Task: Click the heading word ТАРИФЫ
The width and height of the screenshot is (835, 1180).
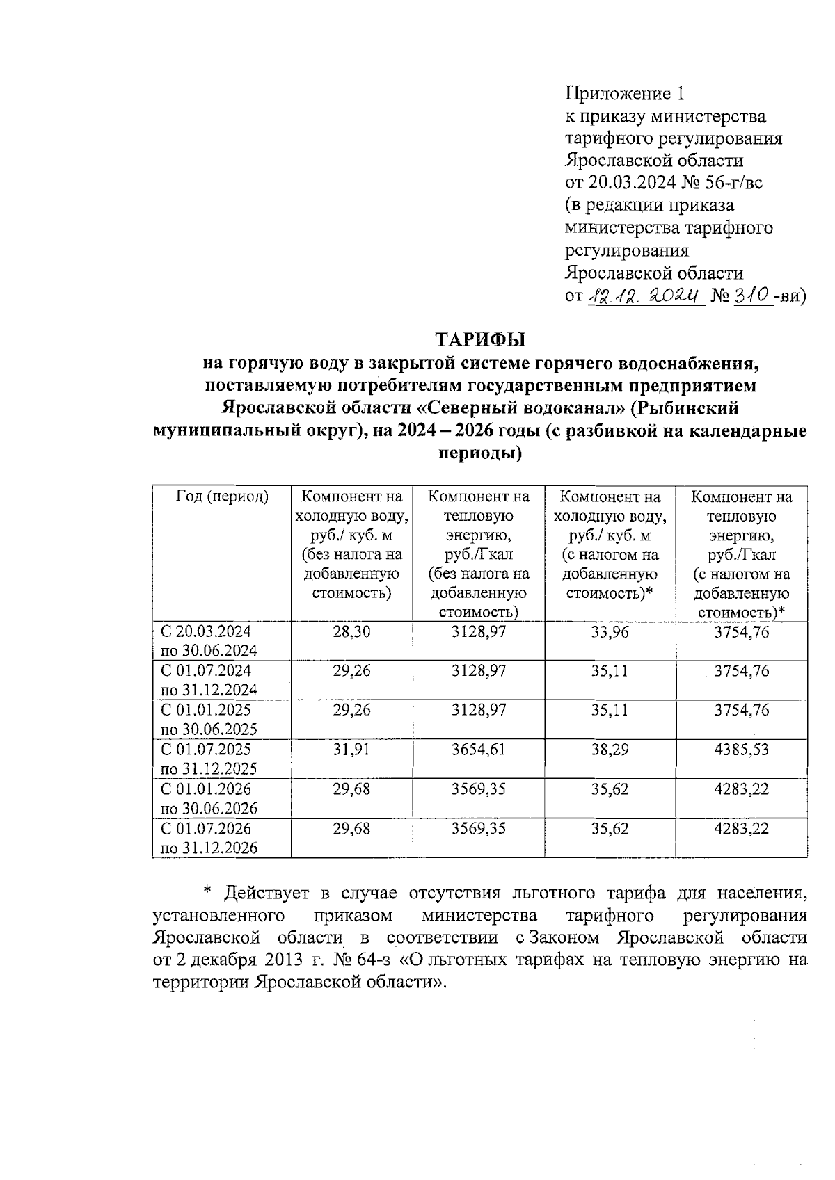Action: pos(480,340)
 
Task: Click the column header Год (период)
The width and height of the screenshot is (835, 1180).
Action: pos(222,496)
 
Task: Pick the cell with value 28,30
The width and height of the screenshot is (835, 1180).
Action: pos(351,631)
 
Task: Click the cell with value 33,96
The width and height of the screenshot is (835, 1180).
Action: pos(610,631)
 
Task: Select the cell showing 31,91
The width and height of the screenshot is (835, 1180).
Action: pos(351,750)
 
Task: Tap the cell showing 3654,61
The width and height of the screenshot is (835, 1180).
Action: pos(478,750)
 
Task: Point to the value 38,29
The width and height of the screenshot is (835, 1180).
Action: pos(610,750)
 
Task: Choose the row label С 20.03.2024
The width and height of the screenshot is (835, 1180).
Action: pos(206,631)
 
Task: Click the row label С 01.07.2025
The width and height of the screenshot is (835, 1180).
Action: pos(206,750)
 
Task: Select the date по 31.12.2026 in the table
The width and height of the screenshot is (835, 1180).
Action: pos(209,848)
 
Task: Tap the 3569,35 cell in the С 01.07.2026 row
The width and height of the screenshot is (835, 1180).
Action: pos(478,829)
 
